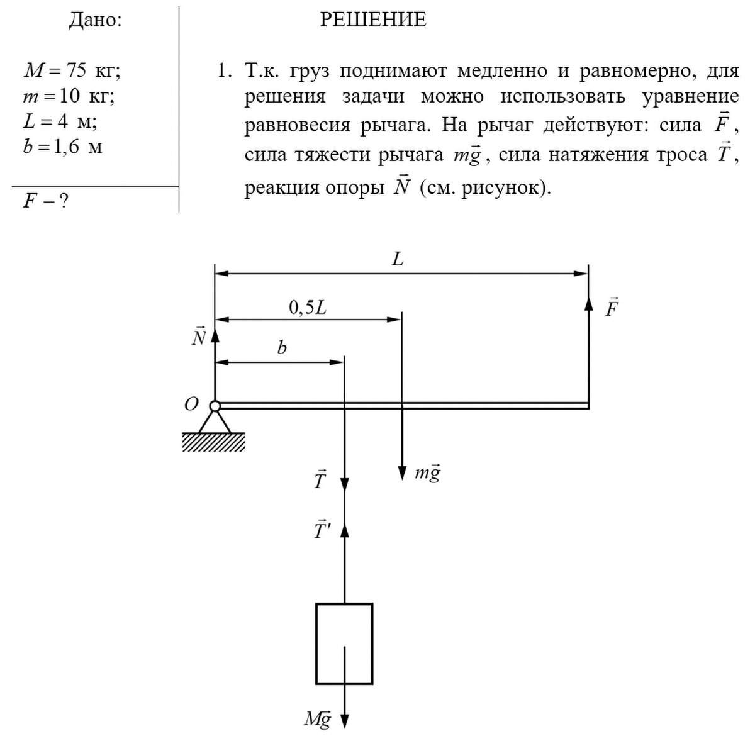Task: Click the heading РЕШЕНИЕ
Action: point(373,20)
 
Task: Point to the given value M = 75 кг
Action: point(70,70)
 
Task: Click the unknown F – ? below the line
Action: point(45,201)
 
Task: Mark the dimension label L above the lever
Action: point(398,259)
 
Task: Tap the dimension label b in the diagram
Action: point(282,348)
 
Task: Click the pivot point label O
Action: point(191,404)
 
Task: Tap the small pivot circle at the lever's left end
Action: point(215,406)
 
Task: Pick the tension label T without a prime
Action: point(320,479)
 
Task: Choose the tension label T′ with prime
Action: point(322,530)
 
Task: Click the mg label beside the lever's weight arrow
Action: point(428,473)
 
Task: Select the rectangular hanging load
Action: point(344,643)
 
